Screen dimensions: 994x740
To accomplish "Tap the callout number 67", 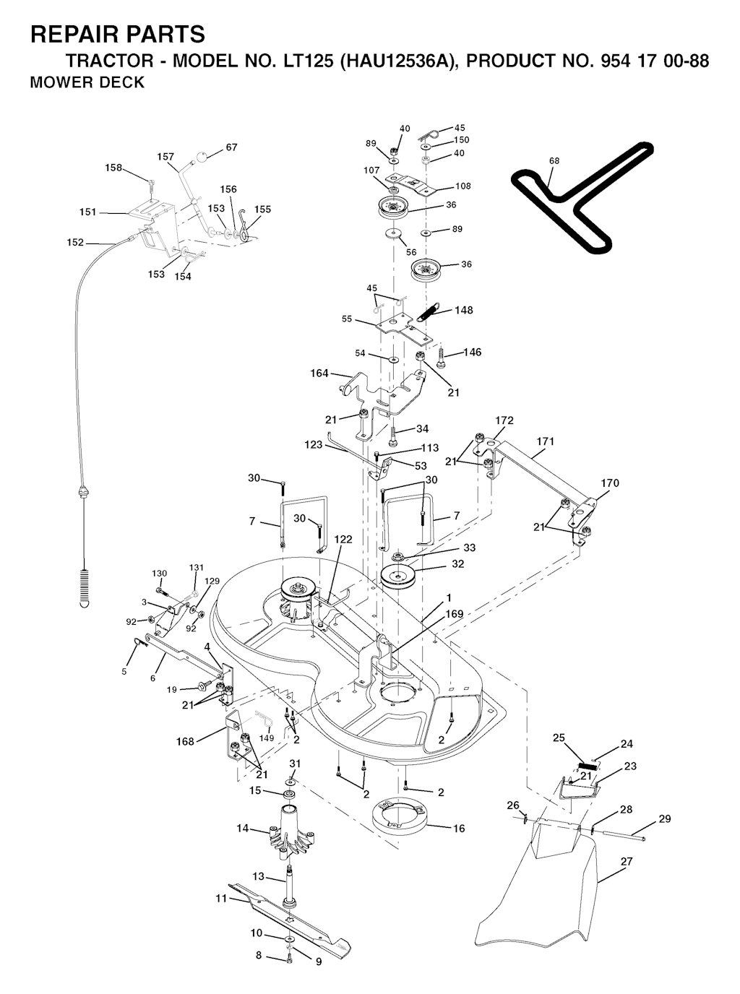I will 231,147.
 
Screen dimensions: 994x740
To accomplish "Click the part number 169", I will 455,614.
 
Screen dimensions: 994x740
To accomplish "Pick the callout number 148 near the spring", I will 464,310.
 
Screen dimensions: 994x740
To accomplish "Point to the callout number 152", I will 75,243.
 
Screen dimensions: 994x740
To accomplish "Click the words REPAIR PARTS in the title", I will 118,34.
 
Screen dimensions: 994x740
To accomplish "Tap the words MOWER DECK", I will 87,82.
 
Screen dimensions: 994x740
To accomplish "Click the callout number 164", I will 319,373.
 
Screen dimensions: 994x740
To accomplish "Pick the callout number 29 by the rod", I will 665,818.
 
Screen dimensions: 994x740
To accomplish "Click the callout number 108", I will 463,186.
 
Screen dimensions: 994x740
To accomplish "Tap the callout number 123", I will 314,445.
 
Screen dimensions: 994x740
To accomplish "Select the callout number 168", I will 186,741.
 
